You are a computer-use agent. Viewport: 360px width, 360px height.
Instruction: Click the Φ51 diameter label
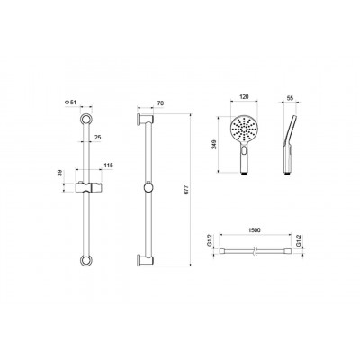[70, 103]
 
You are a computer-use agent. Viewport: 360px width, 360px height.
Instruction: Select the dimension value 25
[98, 137]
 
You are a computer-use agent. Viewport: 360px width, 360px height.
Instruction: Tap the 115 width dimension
[109, 166]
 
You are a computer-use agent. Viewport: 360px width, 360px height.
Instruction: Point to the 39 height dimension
[60, 173]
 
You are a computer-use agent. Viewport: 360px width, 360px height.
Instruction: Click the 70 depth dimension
[160, 103]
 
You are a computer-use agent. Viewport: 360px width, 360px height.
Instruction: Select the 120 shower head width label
[245, 97]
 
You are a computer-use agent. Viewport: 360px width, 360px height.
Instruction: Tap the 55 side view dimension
[290, 97]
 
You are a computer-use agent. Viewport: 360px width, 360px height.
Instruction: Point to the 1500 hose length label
[255, 230]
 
